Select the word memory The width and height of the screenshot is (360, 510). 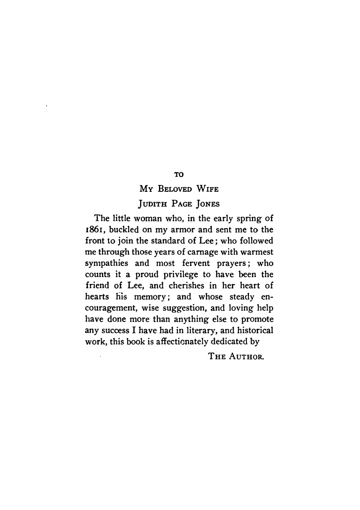(147, 297)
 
